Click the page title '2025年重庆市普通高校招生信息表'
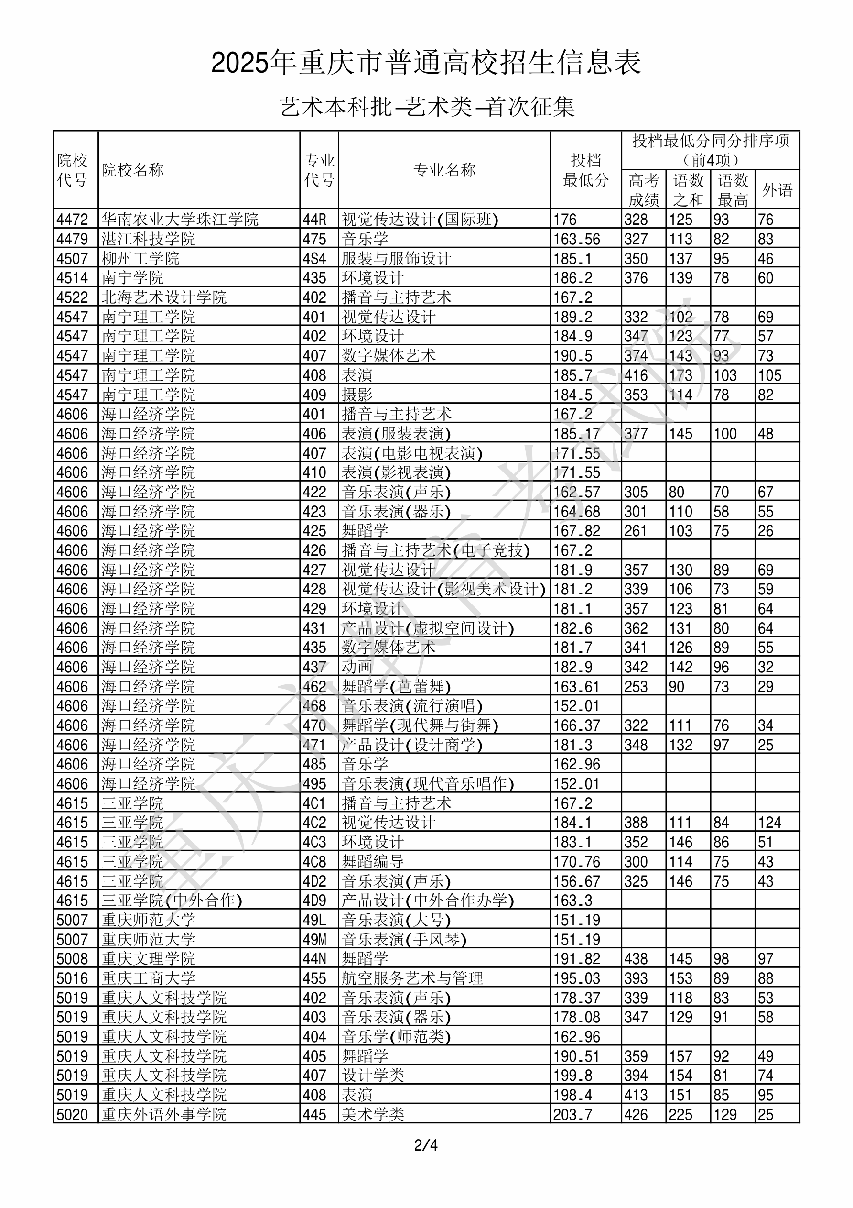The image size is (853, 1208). click(x=426, y=63)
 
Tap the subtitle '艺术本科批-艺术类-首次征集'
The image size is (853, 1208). click(x=427, y=107)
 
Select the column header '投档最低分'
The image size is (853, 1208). click(x=585, y=170)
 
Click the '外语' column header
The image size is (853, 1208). click(x=777, y=190)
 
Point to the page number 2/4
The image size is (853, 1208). click(x=426, y=1145)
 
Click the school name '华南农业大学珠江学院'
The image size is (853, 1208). click(x=180, y=220)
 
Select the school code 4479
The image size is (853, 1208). click(x=73, y=239)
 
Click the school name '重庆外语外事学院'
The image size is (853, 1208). click(x=164, y=1114)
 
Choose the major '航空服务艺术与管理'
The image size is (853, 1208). click(x=412, y=978)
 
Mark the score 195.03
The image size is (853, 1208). click(x=576, y=978)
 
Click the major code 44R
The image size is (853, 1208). click(x=314, y=220)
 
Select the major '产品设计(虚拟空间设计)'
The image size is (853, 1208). click(x=428, y=628)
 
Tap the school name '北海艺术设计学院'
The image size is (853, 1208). click(x=164, y=297)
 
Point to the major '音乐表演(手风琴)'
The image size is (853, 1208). click(x=404, y=939)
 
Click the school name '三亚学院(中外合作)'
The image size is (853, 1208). click(x=172, y=900)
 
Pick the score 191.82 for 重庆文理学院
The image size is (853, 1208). click(x=576, y=959)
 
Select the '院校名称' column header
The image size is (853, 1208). click(x=133, y=170)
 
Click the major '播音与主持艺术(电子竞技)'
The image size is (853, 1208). click(x=435, y=550)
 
